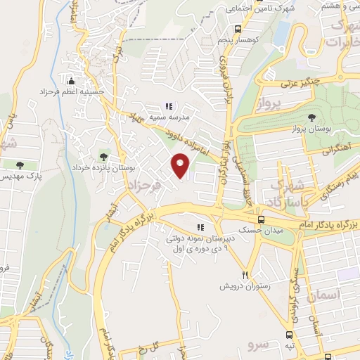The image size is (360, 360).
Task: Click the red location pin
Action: click(x=181, y=166)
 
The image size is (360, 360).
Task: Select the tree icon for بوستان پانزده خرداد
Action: click(x=104, y=156)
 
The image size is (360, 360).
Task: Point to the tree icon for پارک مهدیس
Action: click(x=19, y=165)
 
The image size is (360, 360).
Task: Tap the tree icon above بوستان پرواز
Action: click(x=312, y=117)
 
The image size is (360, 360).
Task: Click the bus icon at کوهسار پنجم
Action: click(x=239, y=30)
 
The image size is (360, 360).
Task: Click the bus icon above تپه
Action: click(x=290, y=335)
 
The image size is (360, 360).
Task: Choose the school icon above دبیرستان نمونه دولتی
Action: click(x=200, y=227)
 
